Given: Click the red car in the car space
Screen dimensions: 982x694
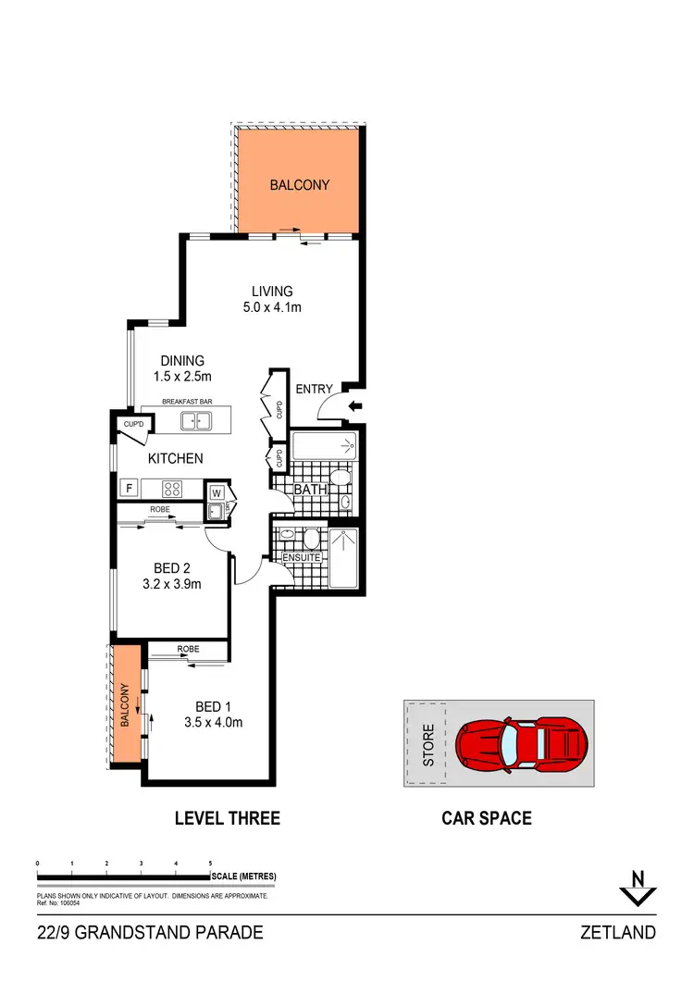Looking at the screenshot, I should (x=521, y=741).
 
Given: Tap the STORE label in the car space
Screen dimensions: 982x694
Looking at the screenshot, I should (x=428, y=746).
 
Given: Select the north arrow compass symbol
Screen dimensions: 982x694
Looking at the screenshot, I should (x=638, y=889).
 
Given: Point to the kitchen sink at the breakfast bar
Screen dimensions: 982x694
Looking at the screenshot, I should (x=195, y=421).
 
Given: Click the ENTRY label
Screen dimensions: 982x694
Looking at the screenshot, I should (x=314, y=389).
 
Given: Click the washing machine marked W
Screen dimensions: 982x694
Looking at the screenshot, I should (x=215, y=491).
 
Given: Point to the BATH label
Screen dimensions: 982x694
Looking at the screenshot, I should (x=309, y=490).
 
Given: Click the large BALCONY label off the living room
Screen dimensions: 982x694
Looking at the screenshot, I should (x=299, y=185).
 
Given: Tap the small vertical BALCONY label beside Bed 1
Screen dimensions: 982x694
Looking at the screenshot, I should (x=125, y=705).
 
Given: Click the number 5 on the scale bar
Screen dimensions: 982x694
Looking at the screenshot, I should (x=211, y=863).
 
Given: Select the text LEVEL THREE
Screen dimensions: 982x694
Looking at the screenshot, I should (x=228, y=818).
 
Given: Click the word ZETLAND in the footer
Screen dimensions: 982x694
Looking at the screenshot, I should (x=619, y=932).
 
